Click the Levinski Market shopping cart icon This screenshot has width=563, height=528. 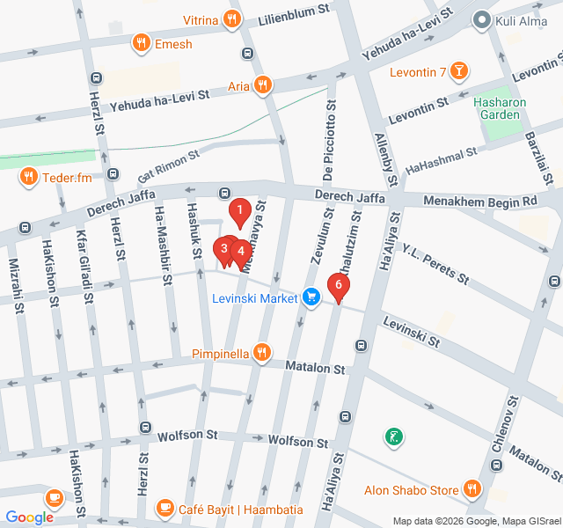coord(310,297)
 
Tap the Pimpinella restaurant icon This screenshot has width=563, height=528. coord(261,354)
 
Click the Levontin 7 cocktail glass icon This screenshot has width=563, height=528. coord(458,70)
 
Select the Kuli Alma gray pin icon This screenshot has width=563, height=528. coord(481,18)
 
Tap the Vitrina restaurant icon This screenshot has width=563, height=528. coord(231,19)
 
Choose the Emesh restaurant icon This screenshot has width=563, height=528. coord(139,41)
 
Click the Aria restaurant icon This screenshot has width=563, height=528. coord(261,84)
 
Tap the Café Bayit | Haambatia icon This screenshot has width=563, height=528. coord(165,508)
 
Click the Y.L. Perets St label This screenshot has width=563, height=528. coord(435,263)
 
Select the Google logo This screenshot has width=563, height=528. coord(29,517)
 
